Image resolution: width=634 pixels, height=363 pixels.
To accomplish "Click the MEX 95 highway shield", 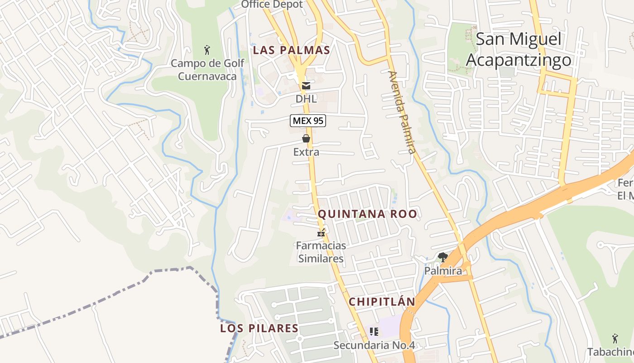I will coord(308,121).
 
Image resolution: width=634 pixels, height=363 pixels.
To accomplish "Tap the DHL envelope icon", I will coord(306,85).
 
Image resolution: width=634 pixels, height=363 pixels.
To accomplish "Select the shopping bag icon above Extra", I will coord(306,138).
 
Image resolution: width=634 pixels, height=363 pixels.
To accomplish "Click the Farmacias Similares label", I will coord(321,252).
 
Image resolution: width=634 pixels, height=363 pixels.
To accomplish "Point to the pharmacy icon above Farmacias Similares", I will coord(321,234).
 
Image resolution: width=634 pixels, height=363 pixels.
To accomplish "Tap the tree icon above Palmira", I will coord(443,257).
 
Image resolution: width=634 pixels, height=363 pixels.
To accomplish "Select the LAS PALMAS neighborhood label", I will coord(291,50).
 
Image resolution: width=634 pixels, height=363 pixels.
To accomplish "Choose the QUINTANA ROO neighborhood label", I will coord(367,214).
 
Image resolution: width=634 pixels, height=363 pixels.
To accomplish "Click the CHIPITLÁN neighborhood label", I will coord(382,302).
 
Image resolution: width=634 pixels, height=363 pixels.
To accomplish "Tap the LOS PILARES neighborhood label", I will coord(259,329).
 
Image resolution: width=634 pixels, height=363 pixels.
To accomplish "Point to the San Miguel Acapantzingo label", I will coord(519,49).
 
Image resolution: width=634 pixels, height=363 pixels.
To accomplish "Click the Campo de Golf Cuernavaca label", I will coord(207,69).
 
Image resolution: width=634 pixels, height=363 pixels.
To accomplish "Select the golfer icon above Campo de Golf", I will coord(207,49).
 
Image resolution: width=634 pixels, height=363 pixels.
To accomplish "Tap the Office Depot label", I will coord(272,5).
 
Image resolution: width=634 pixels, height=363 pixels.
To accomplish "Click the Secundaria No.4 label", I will coord(374,345).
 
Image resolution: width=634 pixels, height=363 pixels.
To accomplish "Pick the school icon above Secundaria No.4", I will coord(374,332).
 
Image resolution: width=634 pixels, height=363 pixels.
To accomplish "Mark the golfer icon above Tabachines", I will coord(615,338).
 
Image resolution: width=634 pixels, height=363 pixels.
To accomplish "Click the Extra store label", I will coord(306,152).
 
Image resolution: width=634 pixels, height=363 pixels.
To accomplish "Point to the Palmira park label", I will coord(443,271).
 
